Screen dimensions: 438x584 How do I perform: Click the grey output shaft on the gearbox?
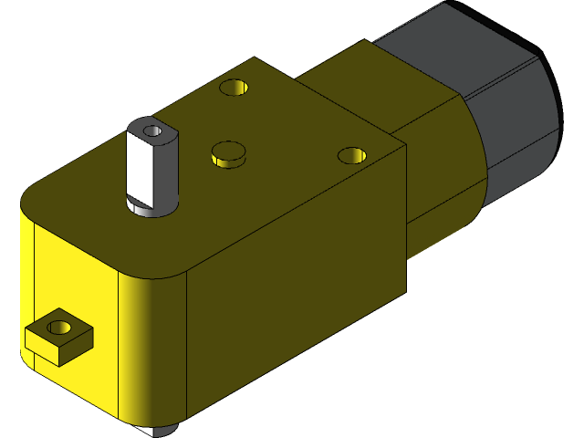click(x=151, y=169)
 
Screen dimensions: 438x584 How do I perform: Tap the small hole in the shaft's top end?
click(x=153, y=131)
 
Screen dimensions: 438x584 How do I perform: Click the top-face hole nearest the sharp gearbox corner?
click(x=350, y=156)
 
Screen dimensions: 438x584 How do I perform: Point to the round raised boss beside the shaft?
click(x=228, y=153)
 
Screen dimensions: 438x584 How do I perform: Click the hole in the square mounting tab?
click(x=62, y=325)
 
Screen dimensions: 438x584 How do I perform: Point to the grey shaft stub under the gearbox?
click(x=162, y=430)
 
